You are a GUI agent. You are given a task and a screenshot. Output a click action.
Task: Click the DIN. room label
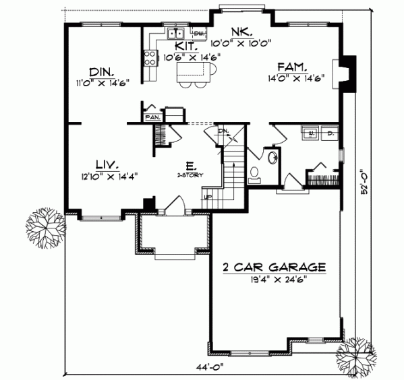(103, 71)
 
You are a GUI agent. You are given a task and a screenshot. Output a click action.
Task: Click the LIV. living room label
(107, 164)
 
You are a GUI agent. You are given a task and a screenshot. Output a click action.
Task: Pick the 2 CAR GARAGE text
(275, 267)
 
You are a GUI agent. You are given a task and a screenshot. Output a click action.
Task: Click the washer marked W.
(311, 133)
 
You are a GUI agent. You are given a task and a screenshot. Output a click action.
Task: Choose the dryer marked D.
(330, 133)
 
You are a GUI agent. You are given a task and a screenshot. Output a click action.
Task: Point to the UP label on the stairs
(208, 196)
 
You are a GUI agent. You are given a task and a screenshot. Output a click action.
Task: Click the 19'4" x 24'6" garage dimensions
(275, 278)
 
